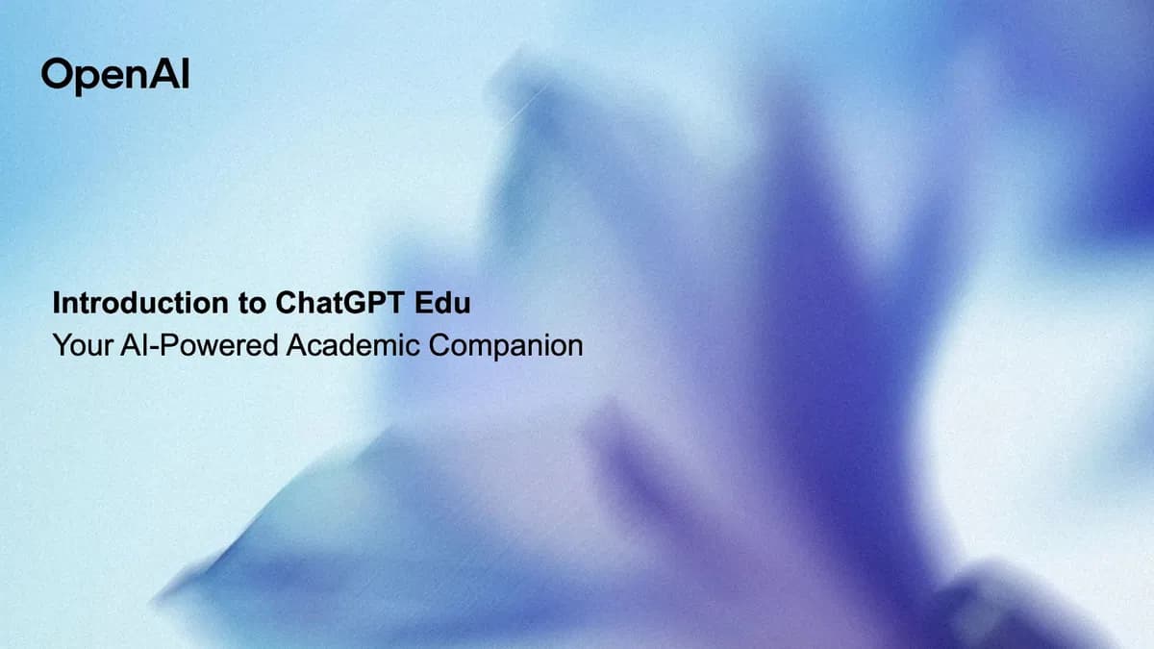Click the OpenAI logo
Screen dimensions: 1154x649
point(115,76)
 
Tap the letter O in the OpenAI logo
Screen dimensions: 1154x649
point(56,74)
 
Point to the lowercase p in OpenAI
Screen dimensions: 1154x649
point(88,80)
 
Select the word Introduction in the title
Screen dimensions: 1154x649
point(140,302)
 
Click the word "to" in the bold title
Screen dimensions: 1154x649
point(252,304)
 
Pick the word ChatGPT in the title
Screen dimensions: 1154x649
point(339,302)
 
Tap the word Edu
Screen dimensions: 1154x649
point(442,302)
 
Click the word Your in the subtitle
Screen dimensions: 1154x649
point(83,344)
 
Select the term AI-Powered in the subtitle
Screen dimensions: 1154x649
point(200,344)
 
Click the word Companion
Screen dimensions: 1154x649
point(506,345)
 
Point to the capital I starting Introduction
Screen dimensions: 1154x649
point(56,302)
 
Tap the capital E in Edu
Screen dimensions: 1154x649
point(424,302)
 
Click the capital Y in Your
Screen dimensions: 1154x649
point(63,344)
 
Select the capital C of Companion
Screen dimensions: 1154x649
point(440,344)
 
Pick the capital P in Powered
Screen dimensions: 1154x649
point(168,344)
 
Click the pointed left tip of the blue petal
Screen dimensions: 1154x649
point(155,599)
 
